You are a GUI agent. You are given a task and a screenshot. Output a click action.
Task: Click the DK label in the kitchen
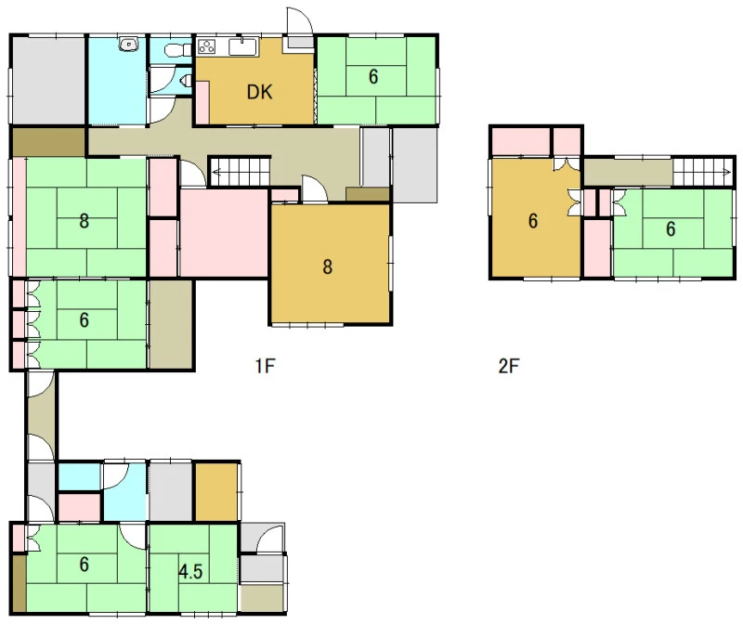[260, 92]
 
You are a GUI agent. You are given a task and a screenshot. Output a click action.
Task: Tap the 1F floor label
[265, 366]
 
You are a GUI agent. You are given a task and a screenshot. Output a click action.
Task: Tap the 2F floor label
[508, 366]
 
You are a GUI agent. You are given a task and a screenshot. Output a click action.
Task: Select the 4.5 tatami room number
[190, 572]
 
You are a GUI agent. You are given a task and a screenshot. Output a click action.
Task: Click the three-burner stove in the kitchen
[206, 46]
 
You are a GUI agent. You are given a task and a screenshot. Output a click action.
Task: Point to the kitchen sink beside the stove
[243, 47]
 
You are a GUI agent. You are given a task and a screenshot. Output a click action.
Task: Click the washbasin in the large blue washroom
[128, 45]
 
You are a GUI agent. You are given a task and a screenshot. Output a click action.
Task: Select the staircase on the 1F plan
[239, 173]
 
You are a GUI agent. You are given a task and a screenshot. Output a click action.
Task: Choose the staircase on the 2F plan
[703, 172]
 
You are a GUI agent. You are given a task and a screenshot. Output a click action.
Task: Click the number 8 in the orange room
[328, 267]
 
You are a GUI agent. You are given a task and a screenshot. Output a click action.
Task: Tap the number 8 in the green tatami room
[84, 221]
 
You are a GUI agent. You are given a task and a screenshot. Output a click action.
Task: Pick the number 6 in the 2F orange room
[533, 221]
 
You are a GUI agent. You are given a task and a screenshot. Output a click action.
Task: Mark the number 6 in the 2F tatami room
[671, 229]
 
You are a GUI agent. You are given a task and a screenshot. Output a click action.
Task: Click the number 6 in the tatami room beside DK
[373, 77]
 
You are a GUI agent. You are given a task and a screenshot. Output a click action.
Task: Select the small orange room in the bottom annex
[216, 492]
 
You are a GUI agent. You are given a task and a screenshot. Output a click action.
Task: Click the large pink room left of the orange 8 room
[224, 233]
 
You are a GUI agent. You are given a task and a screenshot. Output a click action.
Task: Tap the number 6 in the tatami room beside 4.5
[84, 565]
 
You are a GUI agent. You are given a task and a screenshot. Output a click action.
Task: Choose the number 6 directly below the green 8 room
[84, 320]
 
